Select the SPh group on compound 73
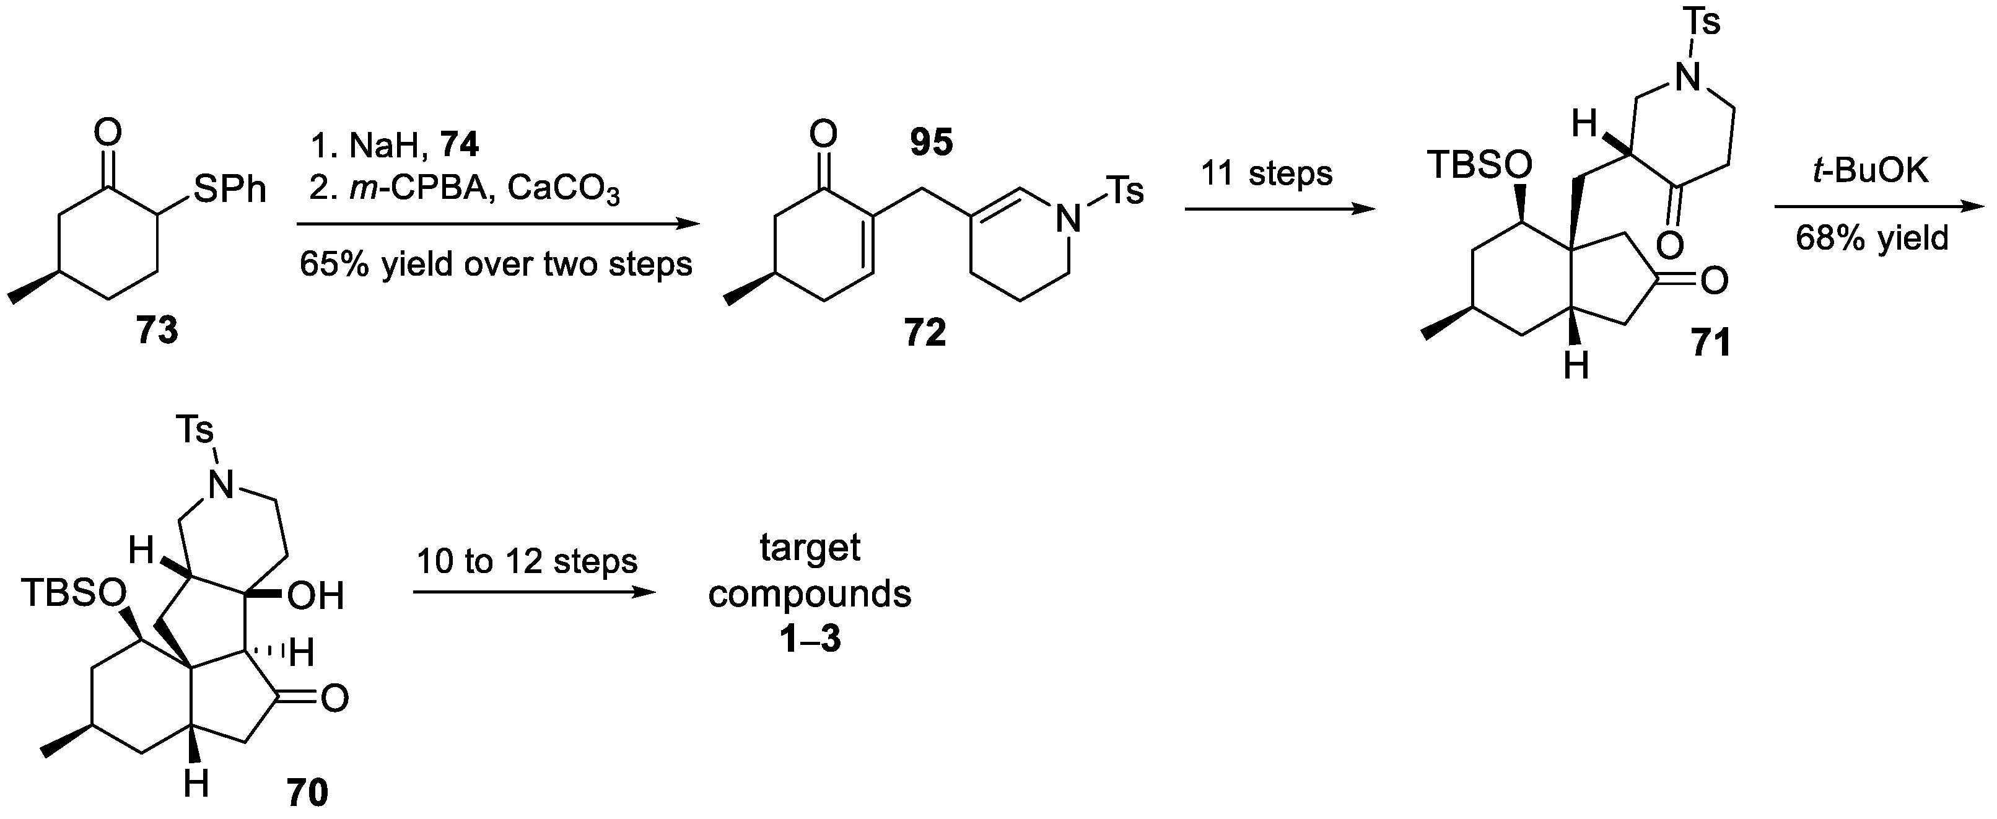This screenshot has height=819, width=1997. click(x=229, y=188)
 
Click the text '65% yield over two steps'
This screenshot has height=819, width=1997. click(x=496, y=265)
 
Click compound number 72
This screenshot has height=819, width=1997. click(x=925, y=333)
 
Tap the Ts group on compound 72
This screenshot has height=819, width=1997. click(x=1124, y=191)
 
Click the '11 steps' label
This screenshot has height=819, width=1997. click(x=1267, y=173)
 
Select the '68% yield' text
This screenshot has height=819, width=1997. click(x=1871, y=237)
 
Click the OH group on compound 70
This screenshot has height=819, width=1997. click(x=315, y=597)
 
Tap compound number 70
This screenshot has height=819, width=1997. click(x=307, y=792)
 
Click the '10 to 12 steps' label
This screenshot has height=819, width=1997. click(x=527, y=561)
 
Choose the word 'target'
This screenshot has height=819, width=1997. click(x=810, y=548)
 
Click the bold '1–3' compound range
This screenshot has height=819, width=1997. click(x=810, y=641)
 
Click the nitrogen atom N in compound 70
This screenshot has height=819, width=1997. click(x=222, y=486)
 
